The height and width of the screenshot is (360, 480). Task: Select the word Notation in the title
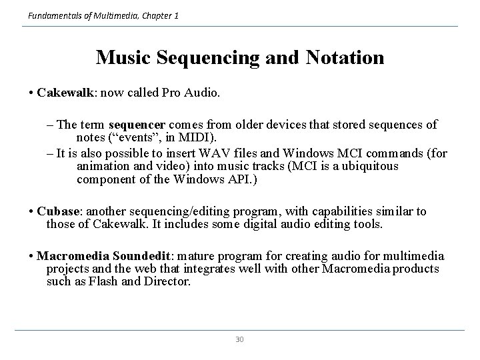click(345, 57)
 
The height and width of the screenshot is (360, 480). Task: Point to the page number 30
click(240, 339)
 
